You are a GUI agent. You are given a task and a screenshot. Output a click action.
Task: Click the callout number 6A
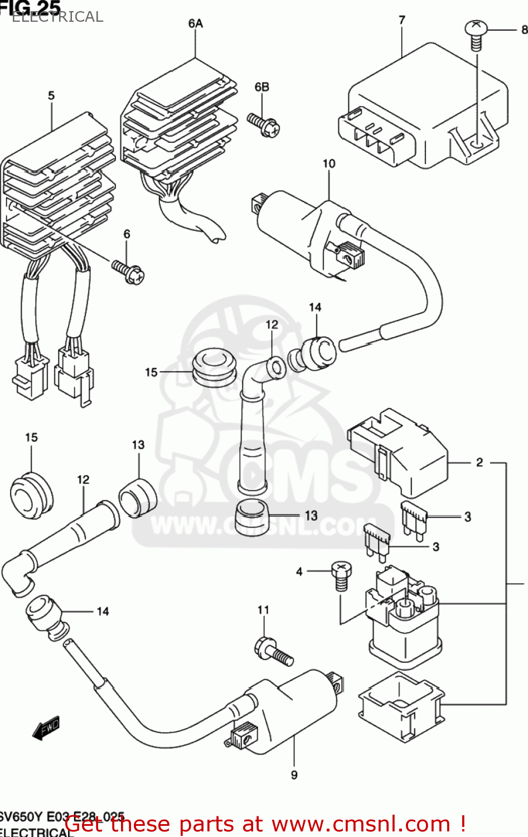point(195,23)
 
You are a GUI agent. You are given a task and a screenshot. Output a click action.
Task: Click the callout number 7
point(402,20)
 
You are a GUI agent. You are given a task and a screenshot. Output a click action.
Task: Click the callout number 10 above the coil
point(329,163)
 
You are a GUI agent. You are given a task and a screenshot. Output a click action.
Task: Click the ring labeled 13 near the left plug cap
point(137,496)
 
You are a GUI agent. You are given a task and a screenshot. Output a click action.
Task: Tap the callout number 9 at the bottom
point(294,775)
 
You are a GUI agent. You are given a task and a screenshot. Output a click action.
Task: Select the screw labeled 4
point(341,575)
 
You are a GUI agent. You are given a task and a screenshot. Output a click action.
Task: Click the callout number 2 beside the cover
point(479,462)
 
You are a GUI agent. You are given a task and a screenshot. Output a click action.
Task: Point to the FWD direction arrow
point(46,728)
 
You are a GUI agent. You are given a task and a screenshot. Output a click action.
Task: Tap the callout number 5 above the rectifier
point(51,95)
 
